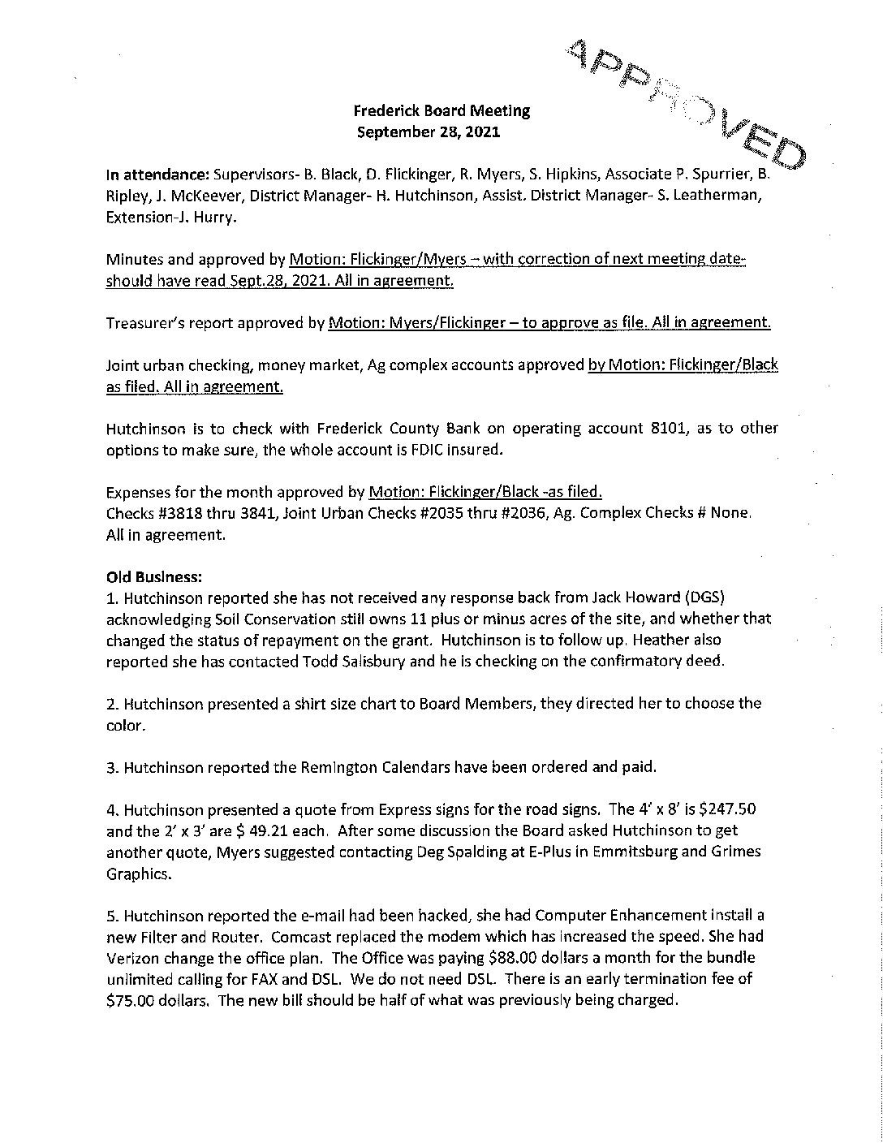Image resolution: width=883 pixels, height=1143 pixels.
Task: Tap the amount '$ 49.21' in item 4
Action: pos(253,830)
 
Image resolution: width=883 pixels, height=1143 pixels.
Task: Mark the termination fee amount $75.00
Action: pos(134,999)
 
